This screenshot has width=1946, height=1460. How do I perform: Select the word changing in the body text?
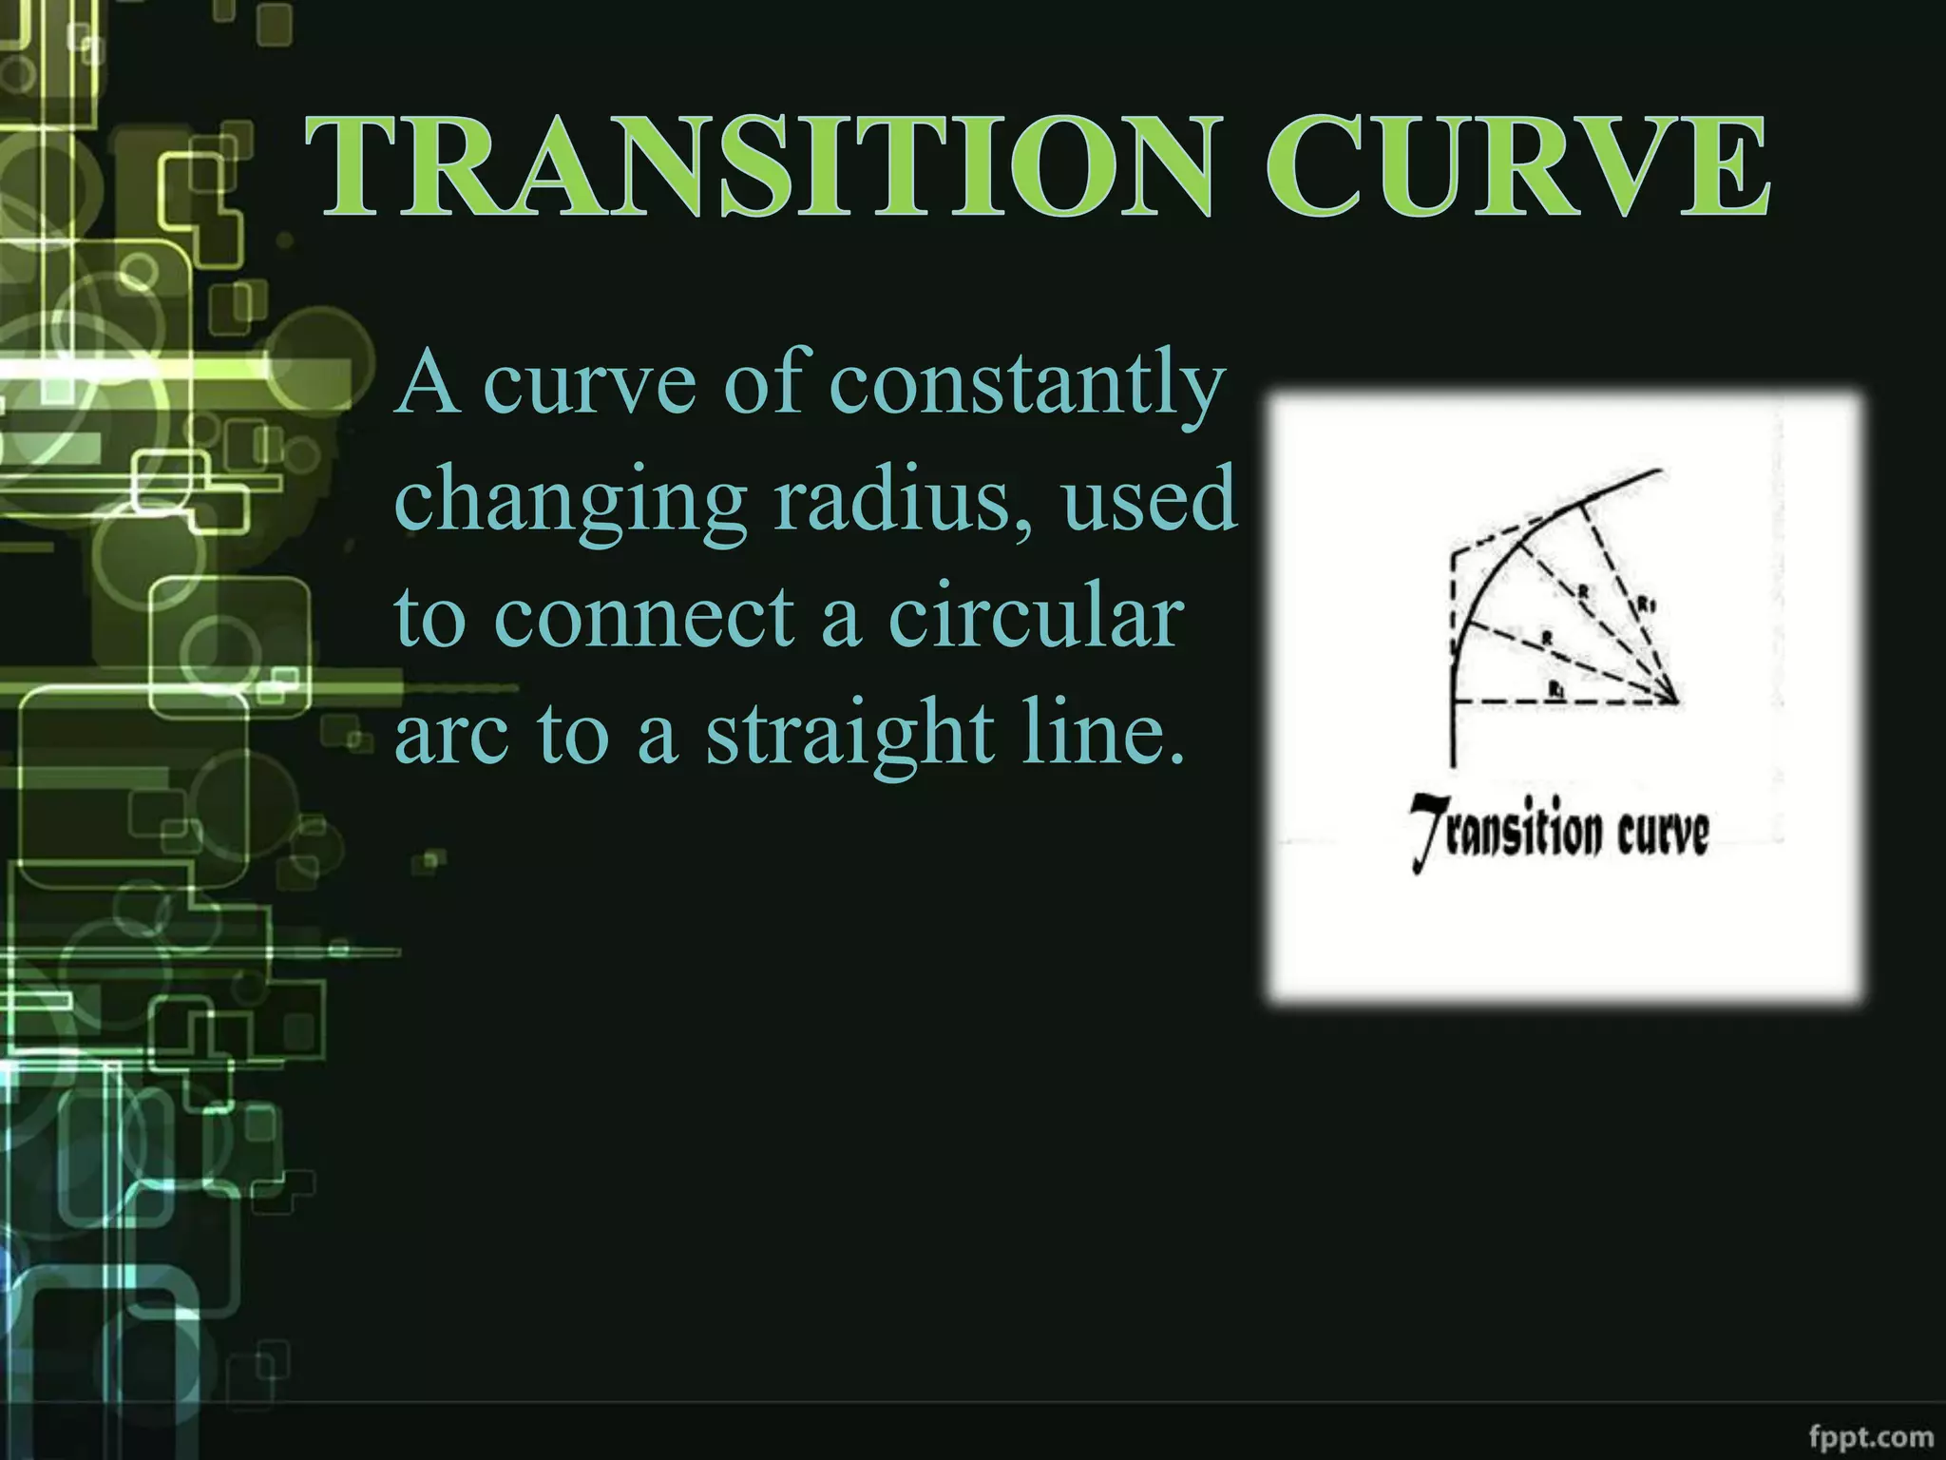coord(570,501)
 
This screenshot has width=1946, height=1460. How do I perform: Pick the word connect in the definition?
coord(645,617)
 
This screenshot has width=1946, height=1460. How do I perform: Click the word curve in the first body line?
coord(590,384)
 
